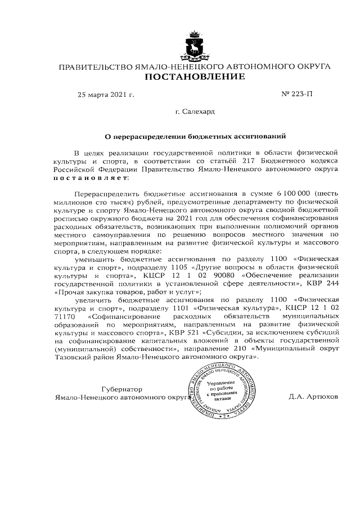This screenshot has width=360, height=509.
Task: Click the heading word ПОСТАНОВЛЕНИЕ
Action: [x=195, y=77]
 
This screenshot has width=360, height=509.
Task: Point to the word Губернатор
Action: [x=122, y=389]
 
